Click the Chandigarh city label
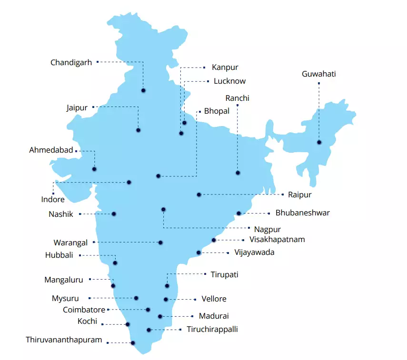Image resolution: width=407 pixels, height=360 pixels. [71, 62]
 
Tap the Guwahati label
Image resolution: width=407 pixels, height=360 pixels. [319, 74]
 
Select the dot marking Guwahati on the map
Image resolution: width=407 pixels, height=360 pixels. [319, 142]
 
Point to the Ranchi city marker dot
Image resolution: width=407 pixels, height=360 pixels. [238, 173]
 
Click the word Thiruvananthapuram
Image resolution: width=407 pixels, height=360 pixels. [64, 340]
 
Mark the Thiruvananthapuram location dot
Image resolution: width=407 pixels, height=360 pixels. [133, 343]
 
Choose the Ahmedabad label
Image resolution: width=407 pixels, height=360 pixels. [51, 150]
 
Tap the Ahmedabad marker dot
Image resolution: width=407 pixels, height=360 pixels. [94, 169]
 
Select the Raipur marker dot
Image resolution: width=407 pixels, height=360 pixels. [199, 195]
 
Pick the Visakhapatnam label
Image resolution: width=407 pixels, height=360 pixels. [277, 240]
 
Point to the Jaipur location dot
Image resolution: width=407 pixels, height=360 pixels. [138, 130]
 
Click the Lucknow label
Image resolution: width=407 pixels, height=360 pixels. [229, 81]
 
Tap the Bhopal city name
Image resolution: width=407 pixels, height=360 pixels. [217, 111]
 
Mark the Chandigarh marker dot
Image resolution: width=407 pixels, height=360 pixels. [143, 90]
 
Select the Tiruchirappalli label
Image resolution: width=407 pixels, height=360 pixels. [212, 329]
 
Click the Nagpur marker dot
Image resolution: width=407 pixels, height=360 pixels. [163, 209]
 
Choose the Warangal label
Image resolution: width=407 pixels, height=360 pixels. [70, 243]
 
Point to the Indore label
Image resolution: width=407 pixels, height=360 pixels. [52, 199]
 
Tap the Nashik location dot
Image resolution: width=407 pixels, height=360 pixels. [114, 214]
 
